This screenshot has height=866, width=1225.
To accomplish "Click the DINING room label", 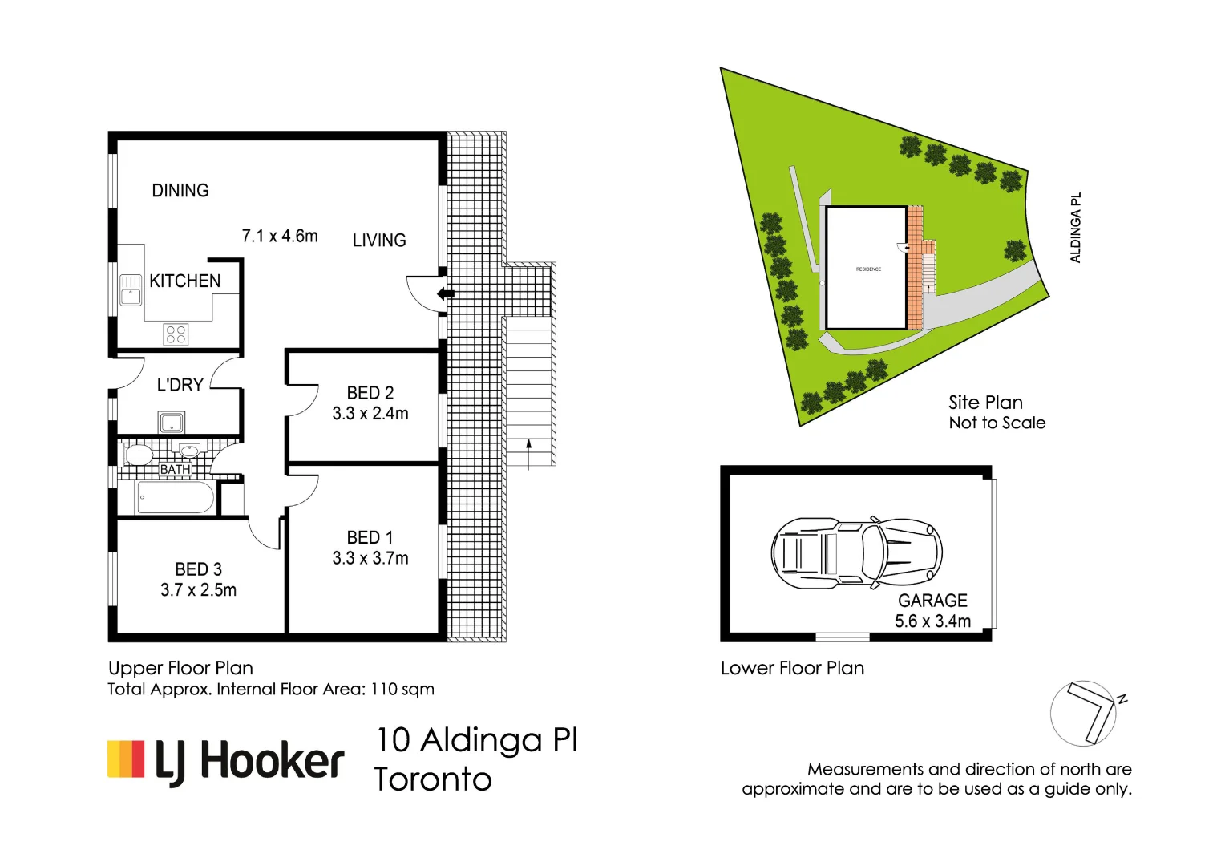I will pyautogui.click(x=180, y=191).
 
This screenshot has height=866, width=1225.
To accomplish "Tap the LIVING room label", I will pyautogui.click(x=379, y=241).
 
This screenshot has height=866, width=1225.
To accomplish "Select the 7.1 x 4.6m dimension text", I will pyautogui.click(x=280, y=237).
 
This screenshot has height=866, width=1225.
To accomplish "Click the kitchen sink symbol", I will pyautogui.click(x=131, y=290).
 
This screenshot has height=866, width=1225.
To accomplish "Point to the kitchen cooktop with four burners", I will pyautogui.click(x=176, y=334).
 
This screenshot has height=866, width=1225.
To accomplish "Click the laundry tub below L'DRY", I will pyautogui.click(x=172, y=422).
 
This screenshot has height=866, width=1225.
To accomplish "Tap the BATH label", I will pyautogui.click(x=175, y=469).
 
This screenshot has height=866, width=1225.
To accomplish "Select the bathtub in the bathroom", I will pyautogui.click(x=175, y=497).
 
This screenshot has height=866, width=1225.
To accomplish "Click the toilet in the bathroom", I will pyautogui.click(x=138, y=455).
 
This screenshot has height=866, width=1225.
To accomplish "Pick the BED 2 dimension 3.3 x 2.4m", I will pyautogui.click(x=370, y=414).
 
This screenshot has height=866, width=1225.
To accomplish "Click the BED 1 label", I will pyautogui.click(x=370, y=537).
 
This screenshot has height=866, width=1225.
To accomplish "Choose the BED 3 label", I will pyautogui.click(x=198, y=569).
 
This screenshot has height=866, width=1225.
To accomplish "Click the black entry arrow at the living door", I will pyautogui.click(x=445, y=294).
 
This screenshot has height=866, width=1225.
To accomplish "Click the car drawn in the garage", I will pyautogui.click(x=856, y=553).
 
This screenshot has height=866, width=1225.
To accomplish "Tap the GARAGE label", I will pyautogui.click(x=932, y=601).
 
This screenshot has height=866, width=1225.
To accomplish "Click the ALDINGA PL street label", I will pyautogui.click(x=1076, y=227).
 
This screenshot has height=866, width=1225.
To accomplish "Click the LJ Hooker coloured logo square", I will pyautogui.click(x=126, y=759).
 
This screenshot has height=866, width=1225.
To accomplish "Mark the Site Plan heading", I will pyautogui.click(x=985, y=403).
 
